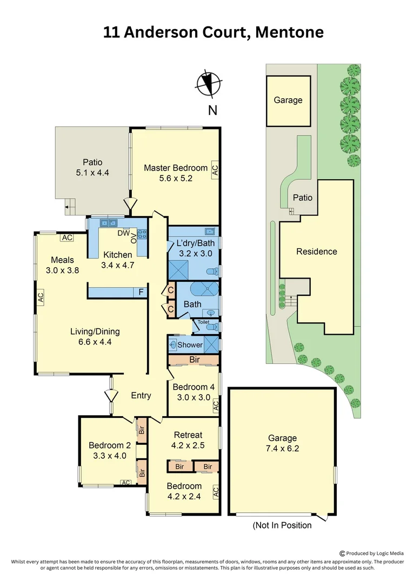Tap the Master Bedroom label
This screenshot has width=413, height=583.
[x=176, y=168]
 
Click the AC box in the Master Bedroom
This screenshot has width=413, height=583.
[x=215, y=171]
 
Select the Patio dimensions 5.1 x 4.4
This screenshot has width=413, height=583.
[x=92, y=173]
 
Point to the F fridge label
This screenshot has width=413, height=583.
[x=141, y=293]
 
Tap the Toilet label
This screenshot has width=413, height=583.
[x=203, y=322]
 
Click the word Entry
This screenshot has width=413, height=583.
[x=141, y=396]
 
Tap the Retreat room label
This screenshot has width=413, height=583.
[x=188, y=435]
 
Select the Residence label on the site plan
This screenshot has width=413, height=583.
[x=316, y=252]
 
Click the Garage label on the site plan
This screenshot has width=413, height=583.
[x=288, y=100]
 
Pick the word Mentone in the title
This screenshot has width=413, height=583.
[x=289, y=32]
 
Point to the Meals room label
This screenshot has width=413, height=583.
[x=62, y=259]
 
